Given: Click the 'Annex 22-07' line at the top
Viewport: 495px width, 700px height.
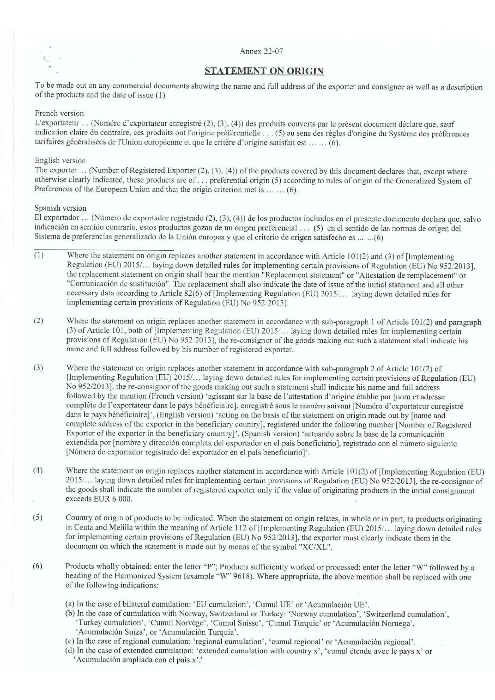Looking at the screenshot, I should point(261,51).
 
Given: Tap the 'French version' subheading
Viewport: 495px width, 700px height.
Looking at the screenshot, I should point(60,113).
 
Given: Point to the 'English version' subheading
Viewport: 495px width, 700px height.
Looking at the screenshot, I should point(60,160).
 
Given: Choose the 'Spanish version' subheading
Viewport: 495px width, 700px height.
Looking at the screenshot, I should point(61,208).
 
